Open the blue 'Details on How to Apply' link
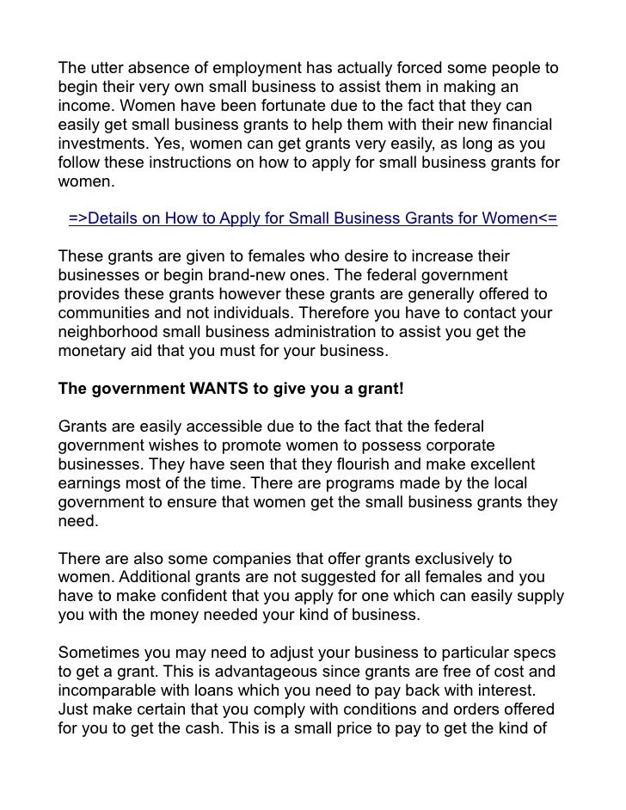[x=312, y=218]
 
